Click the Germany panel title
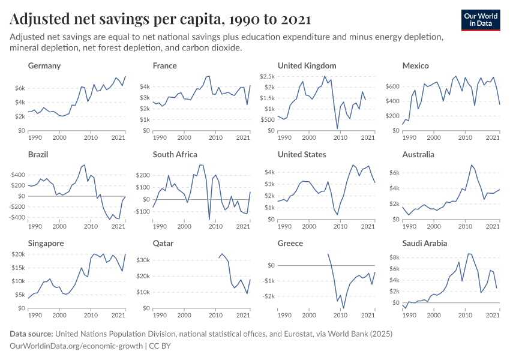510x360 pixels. pyautogui.click(x=44, y=65)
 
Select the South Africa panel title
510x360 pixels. pyautogui.click(x=175, y=154)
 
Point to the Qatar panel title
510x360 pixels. pyautogui.click(x=163, y=244)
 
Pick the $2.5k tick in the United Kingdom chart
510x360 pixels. pyautogui.click(x=267, y=77)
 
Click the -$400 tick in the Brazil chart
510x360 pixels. pyautogui.click(x=16, y=217)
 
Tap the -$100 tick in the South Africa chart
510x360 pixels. pyautogui.click(x=141, y=211)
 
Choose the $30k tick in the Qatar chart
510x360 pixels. pyautogui.click(x=143, y=260)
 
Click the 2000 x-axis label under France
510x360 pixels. pyautogui.click(x=184, y=138)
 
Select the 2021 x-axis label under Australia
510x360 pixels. pyautogui.click(x=493, y=227)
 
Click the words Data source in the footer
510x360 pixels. pyautogui.click(x=31, y=334)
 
